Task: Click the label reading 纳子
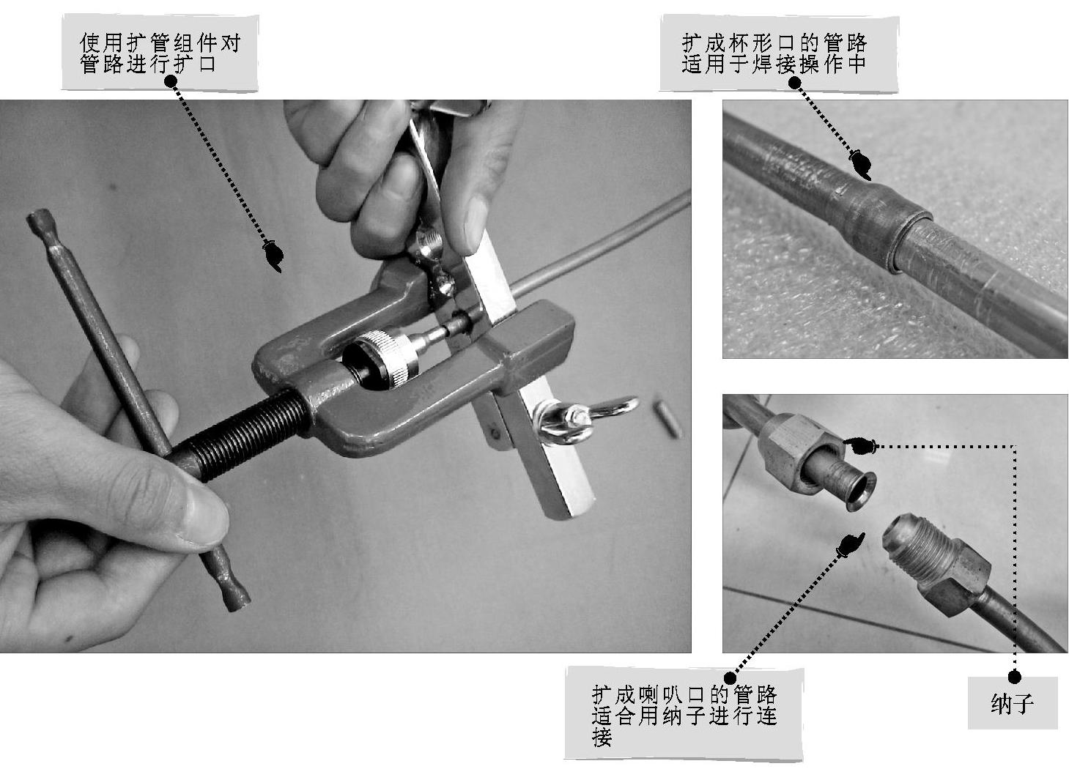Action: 1012,703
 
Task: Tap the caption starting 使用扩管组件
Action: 160,53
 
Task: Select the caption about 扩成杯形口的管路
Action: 774,53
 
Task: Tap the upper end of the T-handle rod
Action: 38,220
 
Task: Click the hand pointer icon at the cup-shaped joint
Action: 859,165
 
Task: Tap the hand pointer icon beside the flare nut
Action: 858,445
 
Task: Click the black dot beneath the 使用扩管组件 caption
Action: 171,81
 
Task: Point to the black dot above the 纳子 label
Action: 1015,677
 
